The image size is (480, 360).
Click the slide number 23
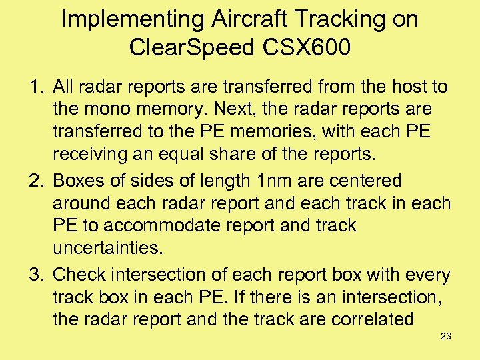[446, 336]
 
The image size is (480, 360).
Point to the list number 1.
[35, 87]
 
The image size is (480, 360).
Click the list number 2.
[35, 181]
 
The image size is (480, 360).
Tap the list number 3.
[35, 275]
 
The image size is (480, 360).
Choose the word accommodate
[159, 226]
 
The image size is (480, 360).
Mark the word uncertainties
[107, 249]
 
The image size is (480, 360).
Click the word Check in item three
[81, 275]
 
